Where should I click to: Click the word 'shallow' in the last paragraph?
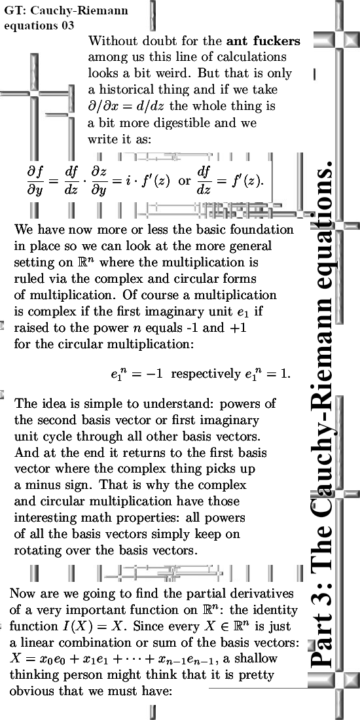pyautogui.click(x=259, y=658)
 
